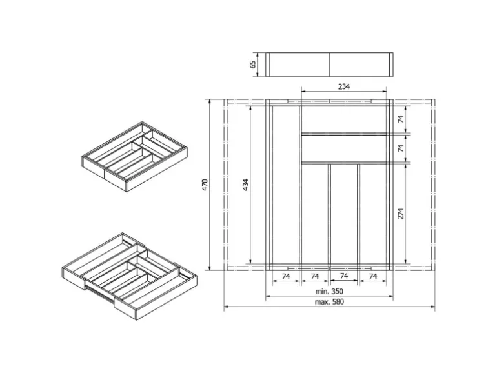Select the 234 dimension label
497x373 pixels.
343,87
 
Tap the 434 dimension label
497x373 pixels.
245,185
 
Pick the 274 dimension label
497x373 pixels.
400,214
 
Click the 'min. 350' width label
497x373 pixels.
329,291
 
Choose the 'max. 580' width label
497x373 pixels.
329,302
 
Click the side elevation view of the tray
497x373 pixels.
330,64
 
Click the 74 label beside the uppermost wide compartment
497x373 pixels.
400,119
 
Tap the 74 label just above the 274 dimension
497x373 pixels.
400,148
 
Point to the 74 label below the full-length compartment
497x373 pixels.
284,276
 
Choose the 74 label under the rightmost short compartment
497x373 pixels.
372,276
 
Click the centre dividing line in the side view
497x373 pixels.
330,64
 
